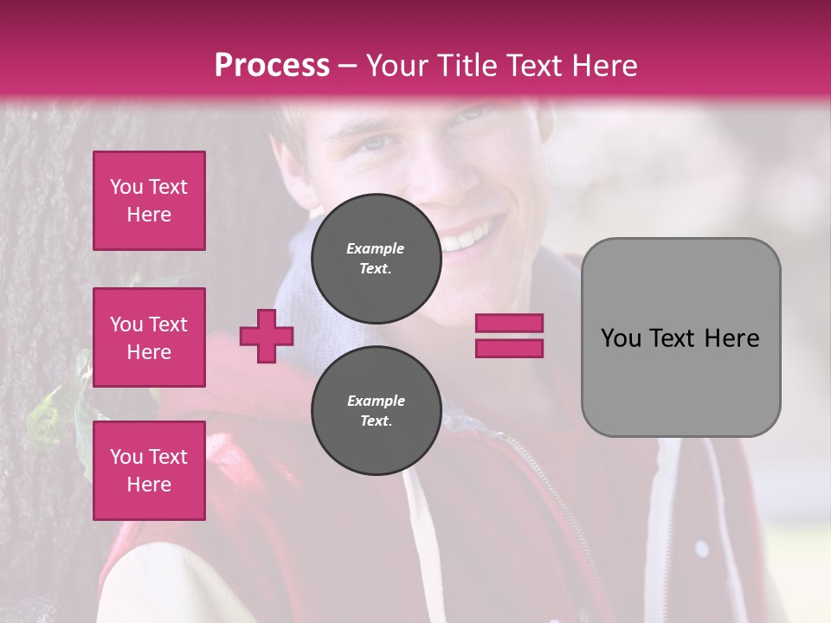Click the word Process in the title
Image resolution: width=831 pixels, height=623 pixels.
click(x=272, y=66)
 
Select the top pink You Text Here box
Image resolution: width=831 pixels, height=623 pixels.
click(x=149, y=201)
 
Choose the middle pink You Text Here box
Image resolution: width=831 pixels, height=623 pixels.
click(x=149, y=337)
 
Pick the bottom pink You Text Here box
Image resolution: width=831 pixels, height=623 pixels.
click(x=149, y=470)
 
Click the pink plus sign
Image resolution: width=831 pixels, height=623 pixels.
click(x=267, y=336)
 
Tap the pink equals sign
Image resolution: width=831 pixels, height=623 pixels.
click(x=509, y=336)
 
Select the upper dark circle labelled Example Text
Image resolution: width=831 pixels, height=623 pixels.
click(x=376, y=259)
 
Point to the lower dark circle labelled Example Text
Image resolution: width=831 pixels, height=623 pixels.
click(x=376, y=411)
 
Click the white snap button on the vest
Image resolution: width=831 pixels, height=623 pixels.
click(x=701, y=548)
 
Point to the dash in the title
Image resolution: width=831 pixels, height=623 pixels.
click(x=348, y=66)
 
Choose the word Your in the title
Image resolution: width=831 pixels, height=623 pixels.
click(x=396, y=66)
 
